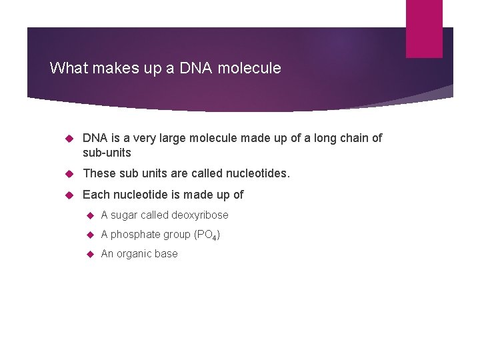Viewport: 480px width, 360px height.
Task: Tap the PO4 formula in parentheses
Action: point(207,235)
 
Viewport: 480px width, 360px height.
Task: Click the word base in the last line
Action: point(166,254)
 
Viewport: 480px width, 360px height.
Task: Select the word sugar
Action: point(124,215)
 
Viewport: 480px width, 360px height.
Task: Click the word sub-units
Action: point(107,153)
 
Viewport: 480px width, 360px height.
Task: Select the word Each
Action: point(96,195)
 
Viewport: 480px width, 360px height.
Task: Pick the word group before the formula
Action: point(175,235)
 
